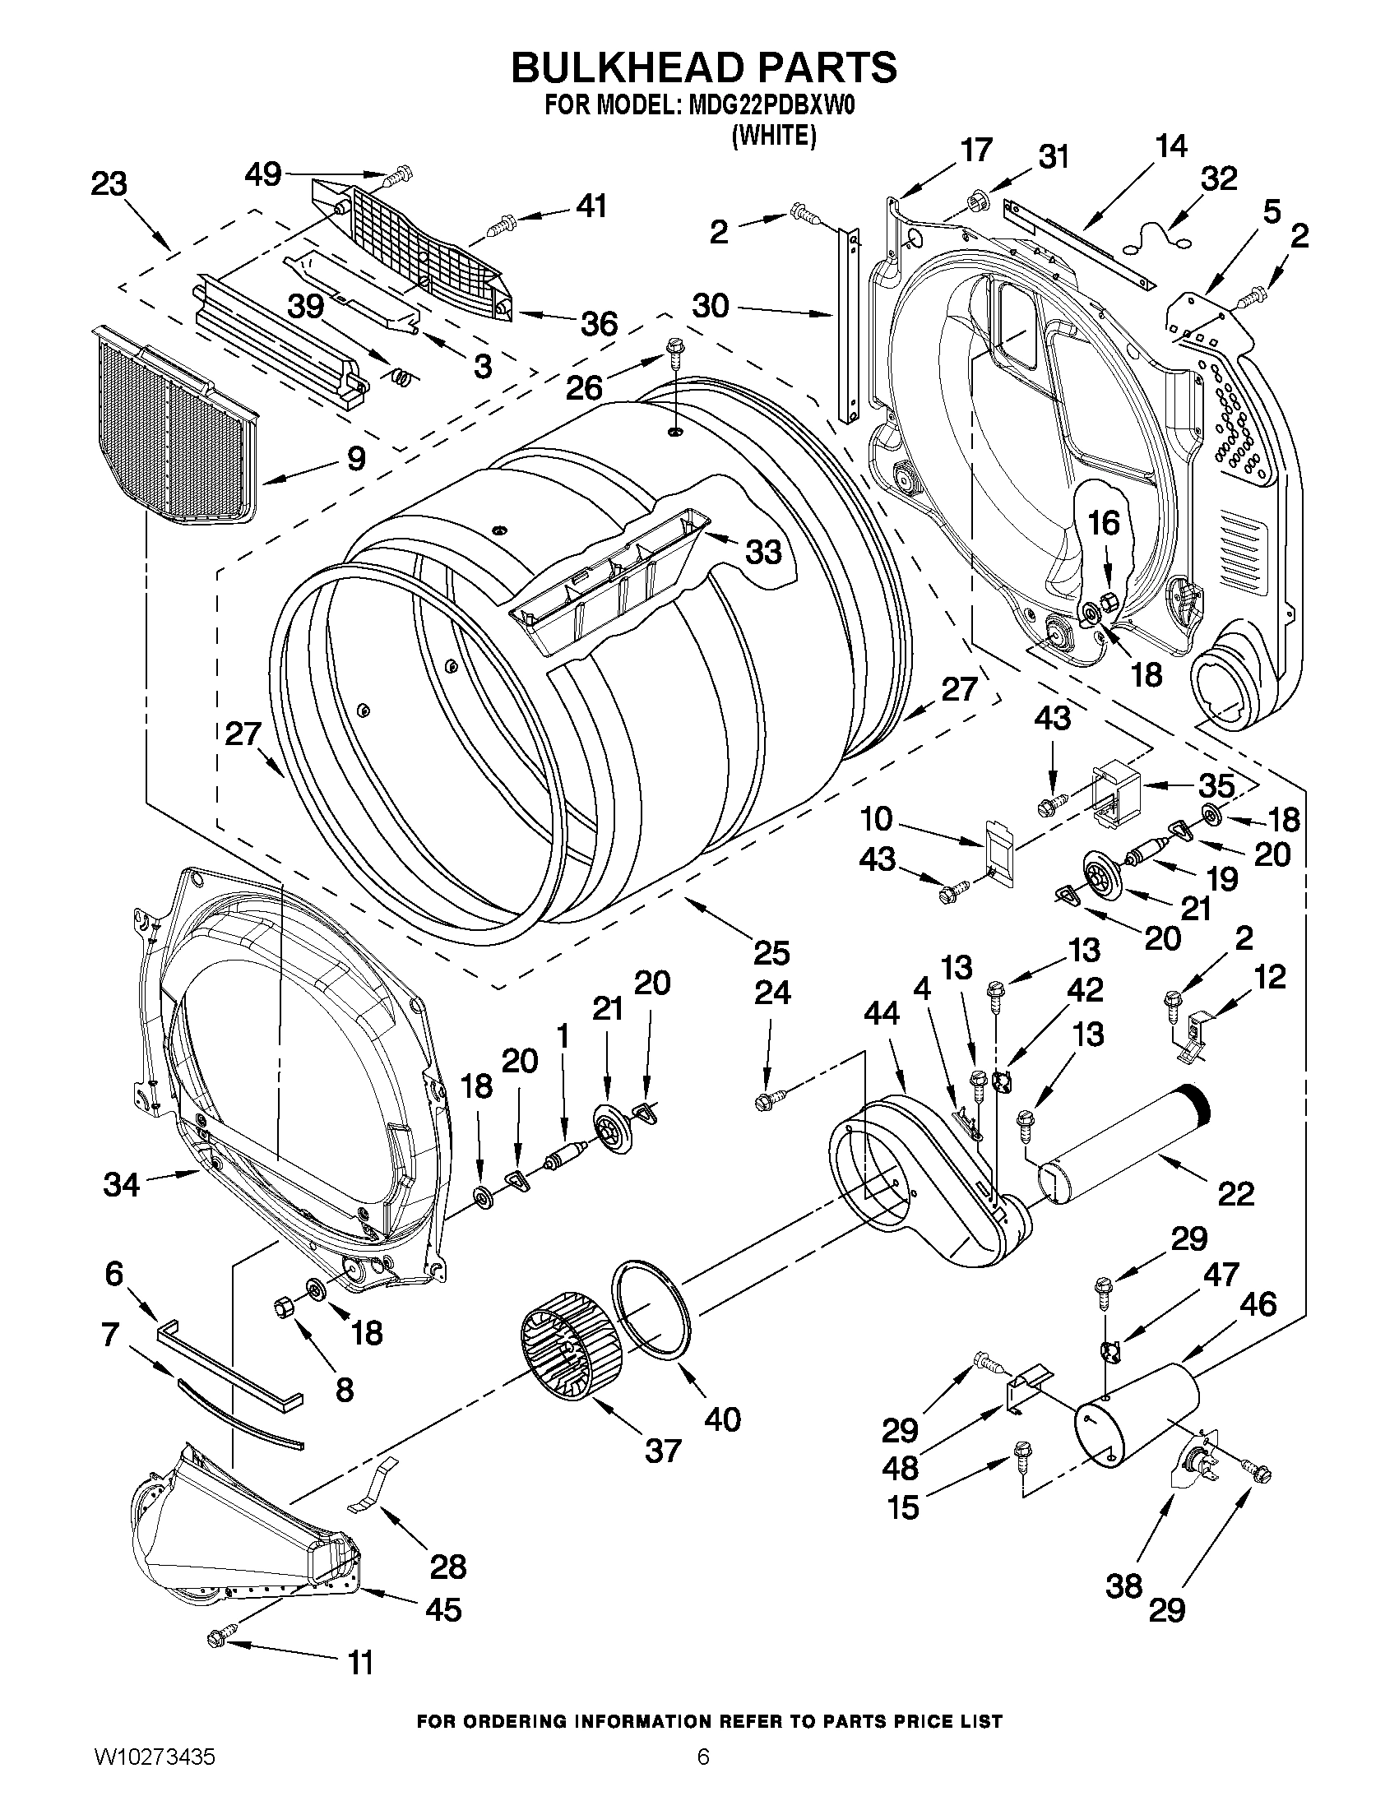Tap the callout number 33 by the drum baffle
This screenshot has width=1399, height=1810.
762,551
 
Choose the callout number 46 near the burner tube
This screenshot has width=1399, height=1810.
1258,1304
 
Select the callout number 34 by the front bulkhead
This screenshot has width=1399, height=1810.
122,1184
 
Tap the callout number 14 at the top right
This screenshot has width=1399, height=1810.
1170,146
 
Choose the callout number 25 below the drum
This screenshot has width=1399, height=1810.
771,953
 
